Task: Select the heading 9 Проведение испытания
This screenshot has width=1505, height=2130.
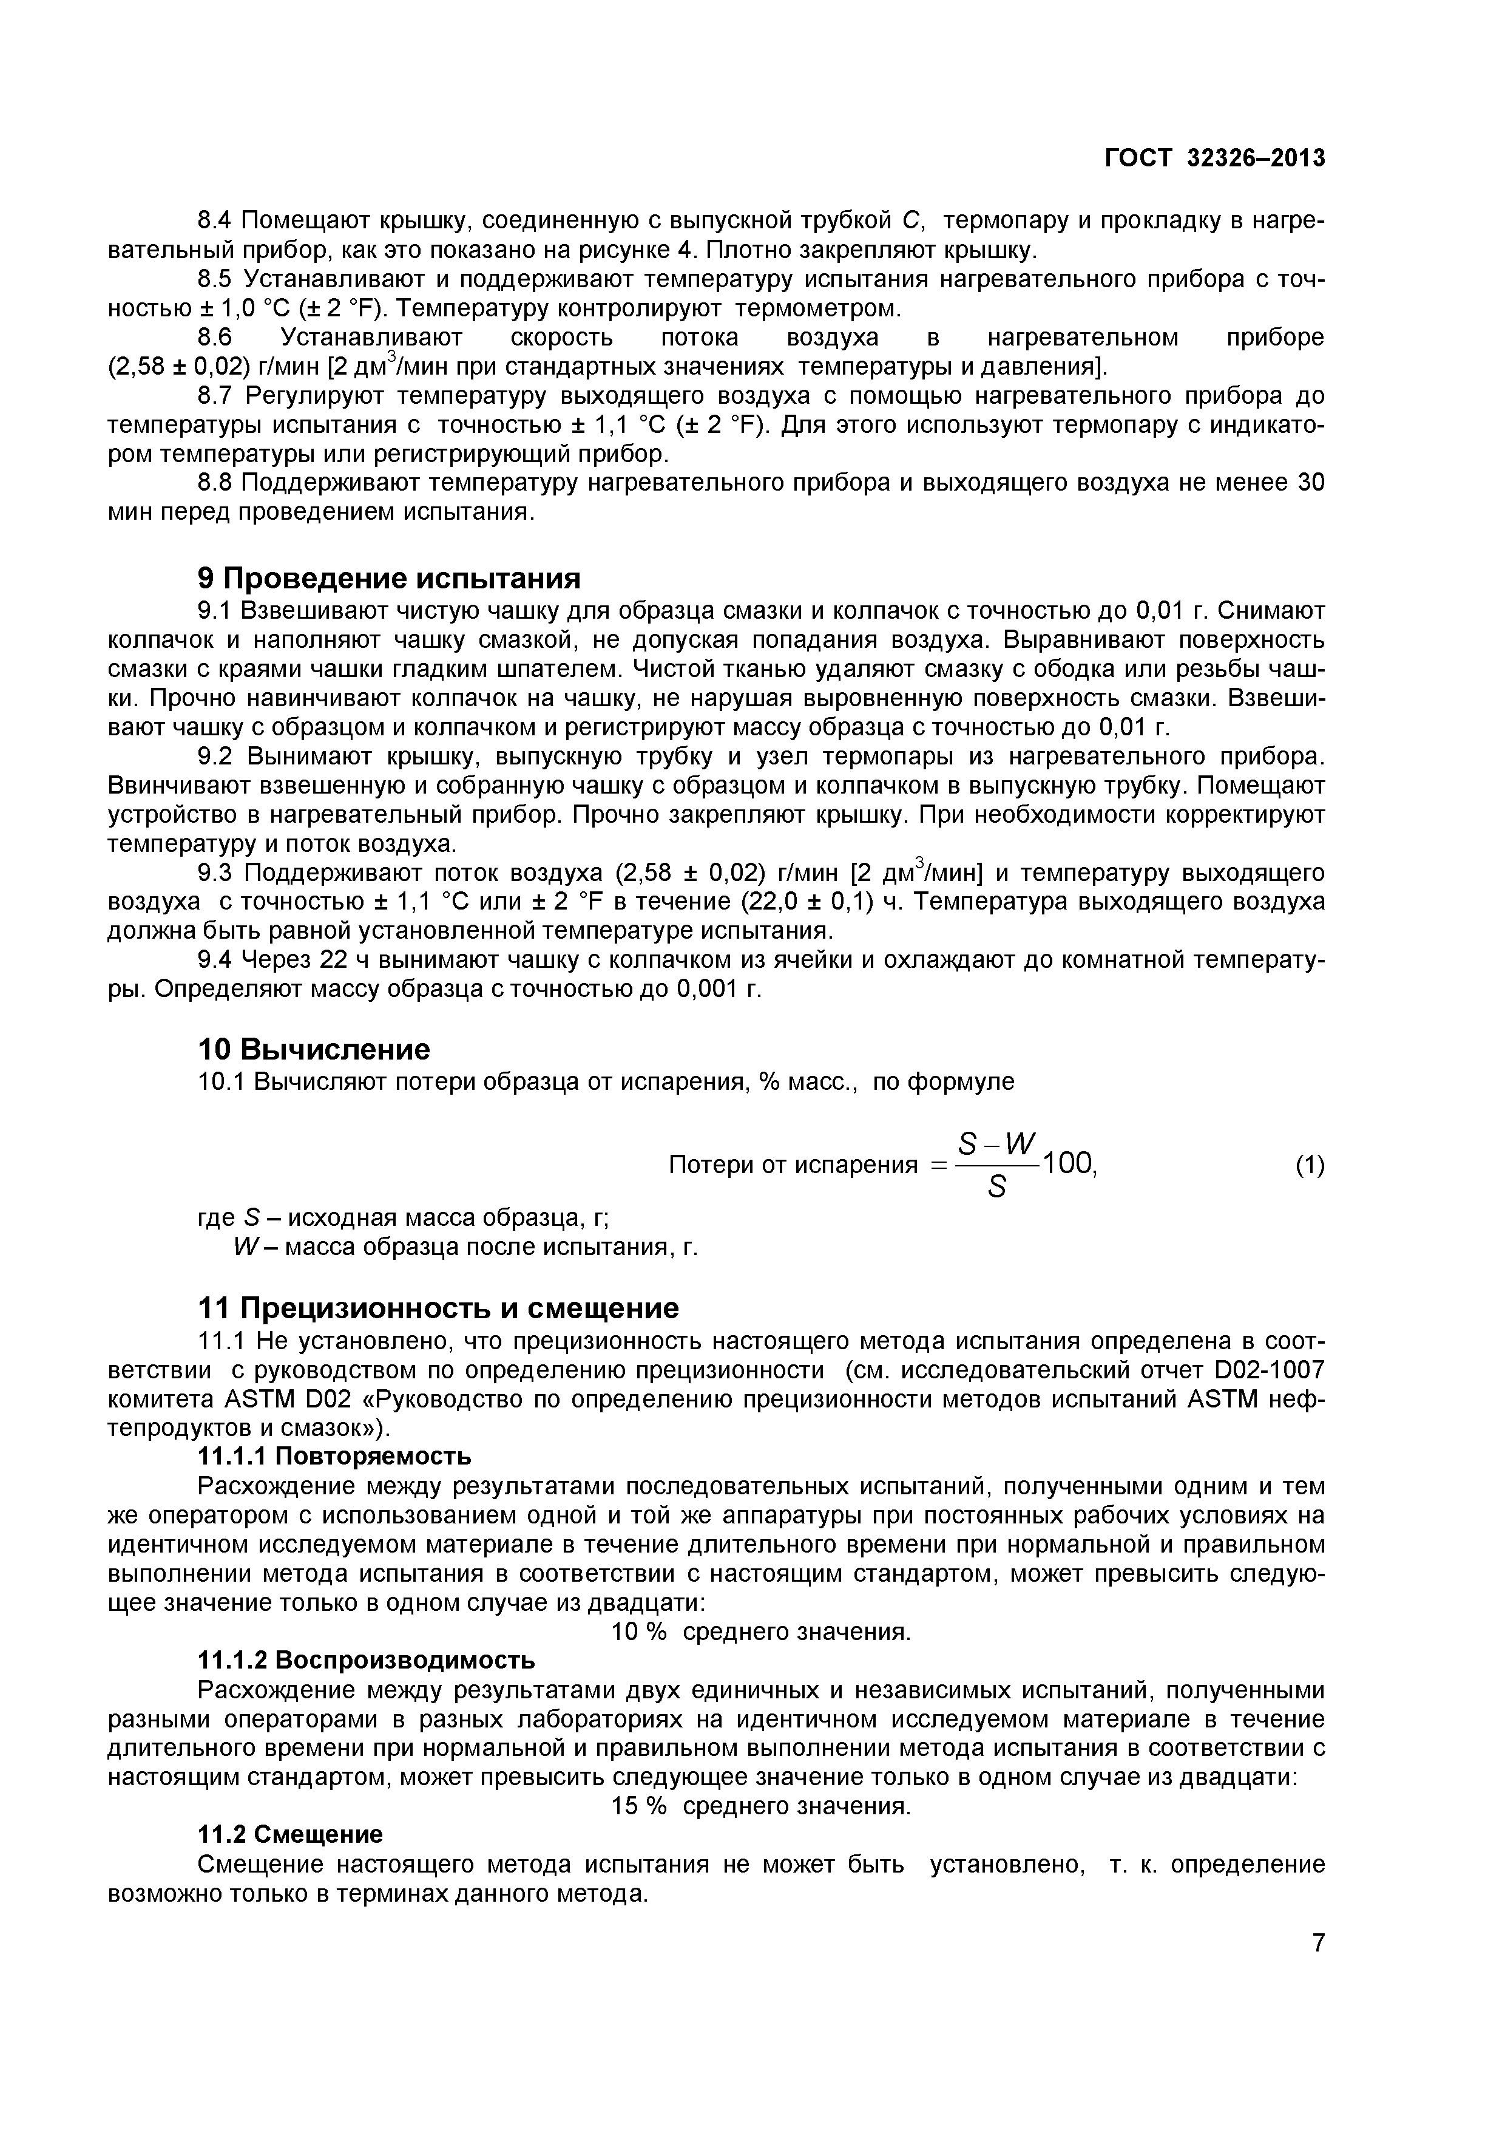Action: pos(390,579)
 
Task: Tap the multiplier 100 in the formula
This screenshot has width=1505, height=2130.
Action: pos(1069,1163)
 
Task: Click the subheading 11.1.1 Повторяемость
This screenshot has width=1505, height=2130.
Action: pos(335,1457)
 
